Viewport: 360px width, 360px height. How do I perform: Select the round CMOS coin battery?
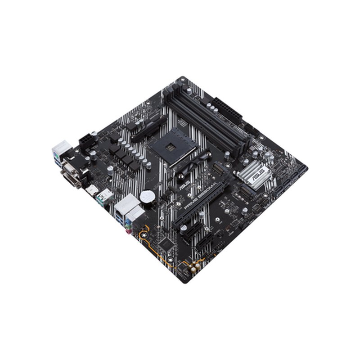[146, 196]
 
